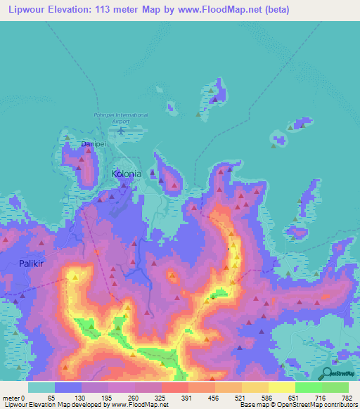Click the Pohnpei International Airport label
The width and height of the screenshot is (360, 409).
coord(120,117)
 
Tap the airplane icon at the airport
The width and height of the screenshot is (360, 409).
coord(121,130)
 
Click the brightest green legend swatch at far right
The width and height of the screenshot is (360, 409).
coord(335,387)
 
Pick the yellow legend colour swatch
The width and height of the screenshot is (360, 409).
coord(281,387)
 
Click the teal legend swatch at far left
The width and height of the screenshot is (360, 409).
coord(41,387)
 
